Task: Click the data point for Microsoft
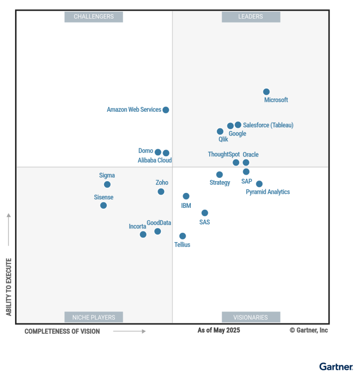click(x=266, y=92)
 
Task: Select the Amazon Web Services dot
click(x=165, y=110)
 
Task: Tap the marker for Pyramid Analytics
click(x=259, y=184)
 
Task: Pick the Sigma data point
click(x=107, y=184)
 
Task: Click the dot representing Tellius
click(x=182, y=236)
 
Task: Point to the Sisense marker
click(x=104, y=206)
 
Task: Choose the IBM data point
click(x=186, y=196)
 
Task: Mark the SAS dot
click(x=205, y=213)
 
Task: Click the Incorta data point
click(x=143, y=235)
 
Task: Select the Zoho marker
click(x=161, y=191)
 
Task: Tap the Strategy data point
click(x=219, y=175)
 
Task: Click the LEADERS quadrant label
click(x=250, y=17)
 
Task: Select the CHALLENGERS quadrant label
click(x=94, y=17)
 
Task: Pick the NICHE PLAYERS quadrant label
click(x=94, y=317)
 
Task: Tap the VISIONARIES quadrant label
click(x=250, y=317)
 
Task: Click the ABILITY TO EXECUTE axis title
click(x=9, y=286)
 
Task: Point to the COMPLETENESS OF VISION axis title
click(x=62, y=331)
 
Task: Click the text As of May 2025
click(x=218, y=330)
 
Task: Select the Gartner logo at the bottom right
click(x=336, y=366)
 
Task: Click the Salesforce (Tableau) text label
click(x=268, y=125)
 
